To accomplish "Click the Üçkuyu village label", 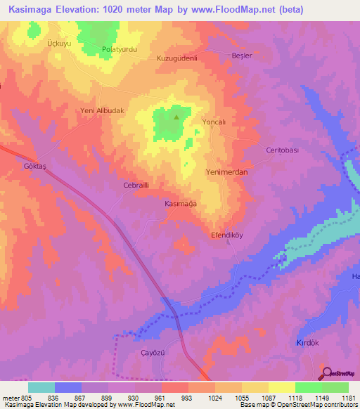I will point(60,43).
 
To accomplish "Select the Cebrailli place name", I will point(136,186).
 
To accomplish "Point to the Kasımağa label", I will point(180,202).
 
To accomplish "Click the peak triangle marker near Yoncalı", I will point(176,117).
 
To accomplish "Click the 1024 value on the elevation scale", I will point(214,398).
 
